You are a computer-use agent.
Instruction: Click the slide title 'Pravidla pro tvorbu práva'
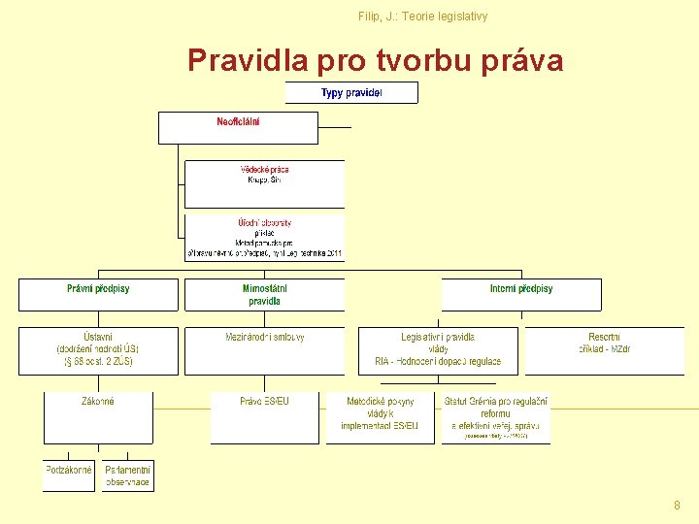(x=375, y=61)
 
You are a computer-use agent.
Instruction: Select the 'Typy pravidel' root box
(x=351, y=93)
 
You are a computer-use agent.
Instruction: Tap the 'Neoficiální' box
(x=238, y=127)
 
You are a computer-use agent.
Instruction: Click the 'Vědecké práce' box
(x=264, y=183)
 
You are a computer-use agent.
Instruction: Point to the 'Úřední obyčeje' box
(x=264, y=238)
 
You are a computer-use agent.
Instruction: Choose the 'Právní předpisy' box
(x=98, y=294)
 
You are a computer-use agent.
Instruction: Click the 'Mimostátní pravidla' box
(x=264, y=294)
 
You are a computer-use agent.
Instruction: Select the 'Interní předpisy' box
(x=521, y=294)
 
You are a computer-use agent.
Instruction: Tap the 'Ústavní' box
(x=98, y=350)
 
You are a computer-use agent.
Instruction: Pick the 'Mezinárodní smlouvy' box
(x=264, y=350)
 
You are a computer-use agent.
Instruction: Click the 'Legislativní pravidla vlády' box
(x=438, y=350)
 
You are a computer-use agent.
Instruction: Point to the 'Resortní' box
(x=604, y=350)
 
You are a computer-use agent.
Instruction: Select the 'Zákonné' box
(x=98, y=416)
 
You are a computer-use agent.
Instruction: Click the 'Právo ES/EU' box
(x=264, y=416)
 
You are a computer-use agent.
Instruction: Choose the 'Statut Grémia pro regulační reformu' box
(x=495, y=417)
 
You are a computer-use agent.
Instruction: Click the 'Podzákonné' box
(x=68, y=475)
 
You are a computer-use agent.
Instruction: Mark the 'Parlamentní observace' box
(x=128, y=475)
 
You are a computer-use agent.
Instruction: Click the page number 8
(x=677, y=506)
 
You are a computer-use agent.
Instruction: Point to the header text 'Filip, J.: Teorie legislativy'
(x=422, y=16)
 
